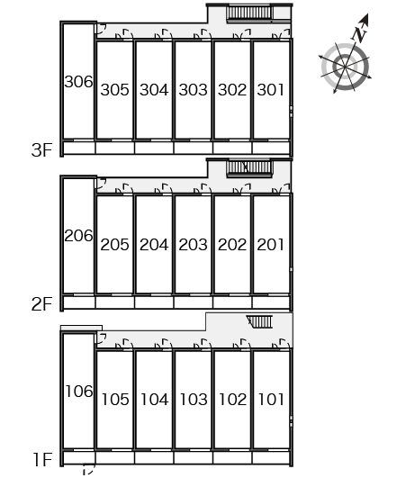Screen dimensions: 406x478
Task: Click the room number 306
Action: [78, 82]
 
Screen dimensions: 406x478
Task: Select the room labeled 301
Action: [271, 90]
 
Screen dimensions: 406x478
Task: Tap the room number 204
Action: [154, 245]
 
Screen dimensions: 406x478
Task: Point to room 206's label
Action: [78, 236]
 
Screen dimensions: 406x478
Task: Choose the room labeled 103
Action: [194, 400]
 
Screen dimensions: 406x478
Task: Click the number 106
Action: [79, 391]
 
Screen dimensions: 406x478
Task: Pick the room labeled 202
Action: [232, 245]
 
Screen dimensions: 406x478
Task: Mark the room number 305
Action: [114, 90]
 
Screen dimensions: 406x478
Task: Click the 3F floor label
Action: [41, 150]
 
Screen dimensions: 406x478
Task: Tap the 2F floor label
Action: [41, 304]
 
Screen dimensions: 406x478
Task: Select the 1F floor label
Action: [42, 460]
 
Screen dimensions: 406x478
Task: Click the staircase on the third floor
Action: [249, 14]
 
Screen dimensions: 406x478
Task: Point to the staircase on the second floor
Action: [249, 168]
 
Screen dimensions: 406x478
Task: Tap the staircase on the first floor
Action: [259, 321]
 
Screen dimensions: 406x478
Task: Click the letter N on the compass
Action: [360, 33]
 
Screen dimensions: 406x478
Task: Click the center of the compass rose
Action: [345, 67]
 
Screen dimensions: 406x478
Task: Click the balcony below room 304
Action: [154, 149]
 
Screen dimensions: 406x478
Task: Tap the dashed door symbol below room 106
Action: [89, 470]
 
